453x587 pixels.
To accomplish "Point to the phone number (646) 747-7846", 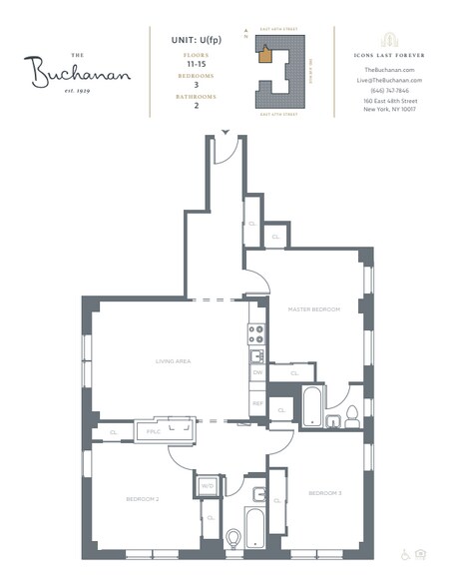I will click(386, 90).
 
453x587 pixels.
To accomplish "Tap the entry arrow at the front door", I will click(226, 132).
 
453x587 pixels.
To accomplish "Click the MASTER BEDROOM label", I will click(314, 309).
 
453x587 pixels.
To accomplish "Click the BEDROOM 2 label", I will click(144, 498).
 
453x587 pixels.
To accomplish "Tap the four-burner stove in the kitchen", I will click(256, 333).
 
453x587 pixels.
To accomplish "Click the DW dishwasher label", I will click(256, 372).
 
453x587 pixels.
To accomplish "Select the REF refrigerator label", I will click(256, 403).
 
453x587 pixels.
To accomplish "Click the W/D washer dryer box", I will click(208, 487).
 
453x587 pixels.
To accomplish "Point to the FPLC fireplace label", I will click(154, 431).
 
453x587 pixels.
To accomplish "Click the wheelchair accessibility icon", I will click(406, 553).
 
